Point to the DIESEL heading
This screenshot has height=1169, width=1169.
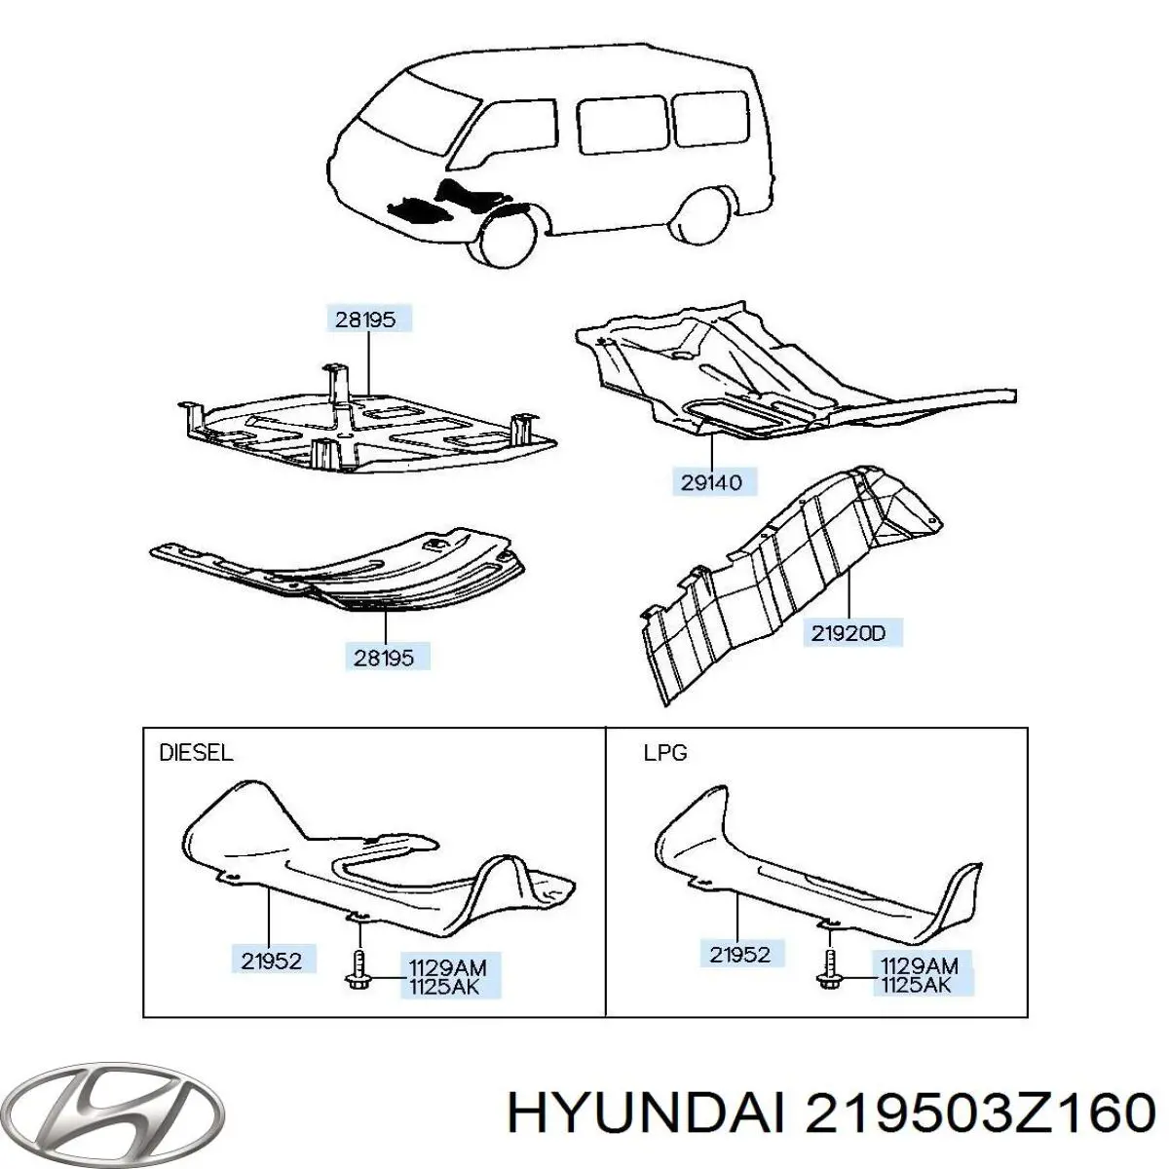[196, 753]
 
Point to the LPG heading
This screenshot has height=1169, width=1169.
[665, 753]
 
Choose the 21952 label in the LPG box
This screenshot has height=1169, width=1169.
[739, 955]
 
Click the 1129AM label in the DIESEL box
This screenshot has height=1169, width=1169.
[448, 967]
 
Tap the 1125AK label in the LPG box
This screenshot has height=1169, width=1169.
[916, 987]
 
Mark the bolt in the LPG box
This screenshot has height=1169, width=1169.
[827, 969]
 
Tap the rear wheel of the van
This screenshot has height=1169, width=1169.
[706, 214]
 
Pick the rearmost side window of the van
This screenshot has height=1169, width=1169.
[710, 118]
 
